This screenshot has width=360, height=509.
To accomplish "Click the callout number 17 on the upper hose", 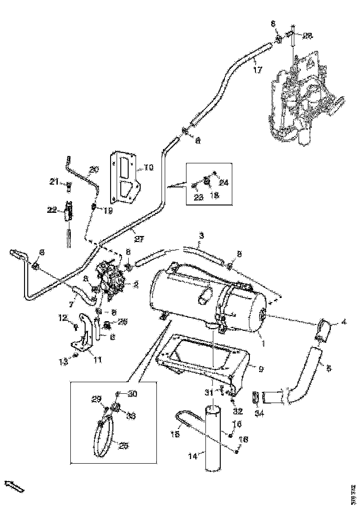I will click(x=258, y=70).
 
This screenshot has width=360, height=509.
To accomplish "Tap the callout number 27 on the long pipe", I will click(x=139, y=239).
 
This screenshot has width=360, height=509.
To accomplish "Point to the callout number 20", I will click(x=94, y=170).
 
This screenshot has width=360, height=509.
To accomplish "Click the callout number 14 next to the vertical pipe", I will click(x=192, y=456).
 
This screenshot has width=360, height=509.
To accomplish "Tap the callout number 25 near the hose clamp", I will click(x=124, y=446).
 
